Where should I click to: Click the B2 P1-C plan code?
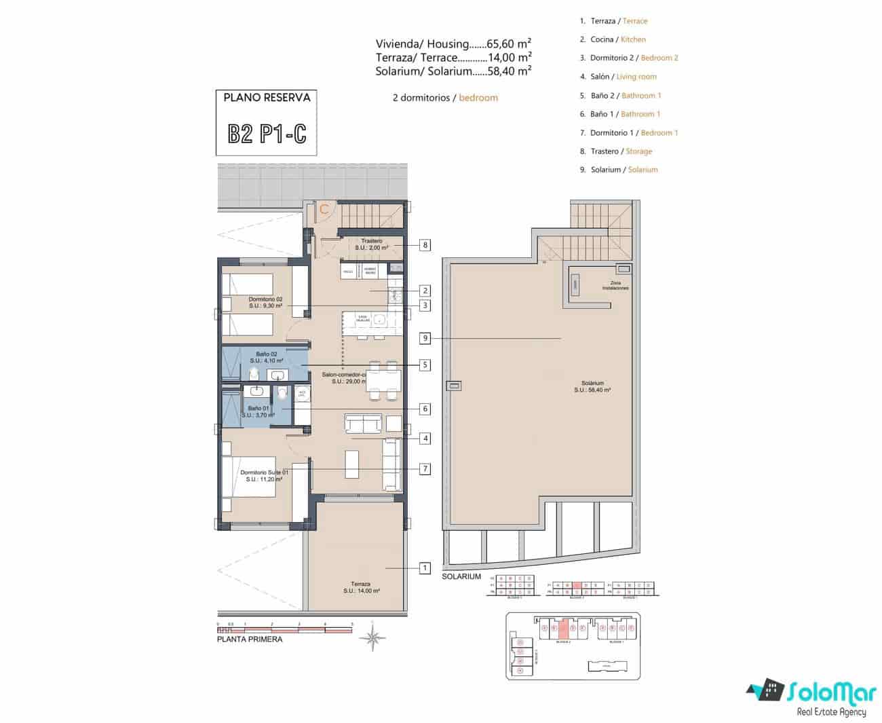pyautogui.click(x=267, y=133)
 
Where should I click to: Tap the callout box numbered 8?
pyautogui.click(x=425, y=245)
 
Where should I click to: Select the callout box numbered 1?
pyautogui.click(x=425, y=568)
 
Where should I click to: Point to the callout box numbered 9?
pyautogui.click(x=425, y=338)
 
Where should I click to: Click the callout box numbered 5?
pyautogui.click(x=425, y=365)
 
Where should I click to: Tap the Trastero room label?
pyautogui.click(x=371, y=244)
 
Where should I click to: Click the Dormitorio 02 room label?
pyautogui.click(x=265, y=302)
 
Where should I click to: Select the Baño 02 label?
pyautogui.click(x=266, y=357)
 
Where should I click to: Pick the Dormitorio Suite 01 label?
pyautogui.click(x=264, y=476)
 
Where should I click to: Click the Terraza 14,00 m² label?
pyautogui.click(x=361, y=587)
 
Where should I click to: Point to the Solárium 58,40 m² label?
pyautogui.click(x=592, y=386)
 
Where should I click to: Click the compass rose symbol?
pyautogui.click(x=372, y=637)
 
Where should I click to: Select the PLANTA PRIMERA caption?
pyautogui.click(x=249, y=639)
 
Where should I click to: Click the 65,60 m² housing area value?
pyautogui.click(x=509, y=44)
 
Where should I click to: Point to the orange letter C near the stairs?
pyautogui.click(x=324, y=209)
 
